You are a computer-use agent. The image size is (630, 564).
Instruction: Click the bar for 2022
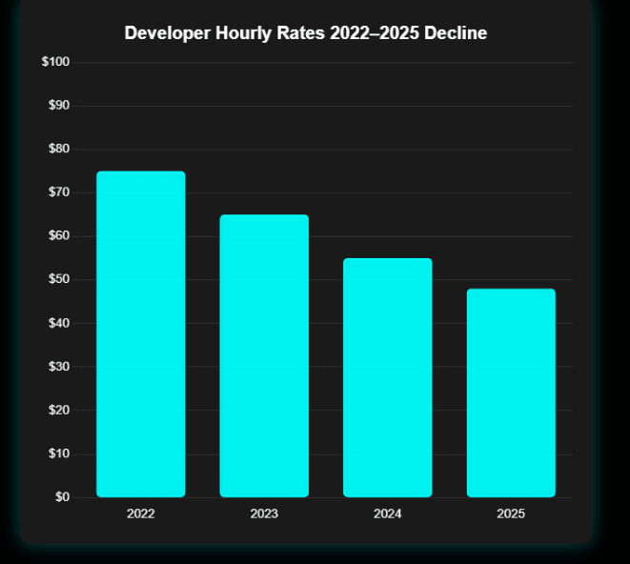[x=140, y=334]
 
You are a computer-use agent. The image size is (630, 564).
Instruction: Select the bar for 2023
[x=264, y=356]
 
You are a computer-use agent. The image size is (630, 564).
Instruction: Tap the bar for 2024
[x=387, y=378]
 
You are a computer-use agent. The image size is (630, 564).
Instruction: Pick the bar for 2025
[x=511, y=393]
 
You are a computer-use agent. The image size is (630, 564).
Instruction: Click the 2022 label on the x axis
[x=140, y=514]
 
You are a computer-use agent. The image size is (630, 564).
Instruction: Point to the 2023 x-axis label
[x=264, y=514]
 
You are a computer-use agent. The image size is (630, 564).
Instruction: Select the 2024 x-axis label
[x=387, y=514]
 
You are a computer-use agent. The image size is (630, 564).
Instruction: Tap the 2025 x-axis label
[x=511, y=514]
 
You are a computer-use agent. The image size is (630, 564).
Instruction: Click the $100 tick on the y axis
[x=55, y=62]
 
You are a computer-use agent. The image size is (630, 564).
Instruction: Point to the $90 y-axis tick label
[x=58, y=106]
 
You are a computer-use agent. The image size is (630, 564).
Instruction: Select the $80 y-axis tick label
[x=58, y=149]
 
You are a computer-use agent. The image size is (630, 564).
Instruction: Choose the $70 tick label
[x=58, y=192]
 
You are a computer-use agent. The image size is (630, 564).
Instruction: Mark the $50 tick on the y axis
[x=58, y=279]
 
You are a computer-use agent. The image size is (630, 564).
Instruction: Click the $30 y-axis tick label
[x=58, y=367]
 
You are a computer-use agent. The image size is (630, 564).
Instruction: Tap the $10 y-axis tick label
[x=58, y=453]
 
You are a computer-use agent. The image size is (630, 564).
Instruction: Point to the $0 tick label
[x=62, y=497]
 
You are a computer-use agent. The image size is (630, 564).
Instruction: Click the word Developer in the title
[x=168, y=33]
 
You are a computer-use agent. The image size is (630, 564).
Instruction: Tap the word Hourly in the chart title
[x=245, y=33]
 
